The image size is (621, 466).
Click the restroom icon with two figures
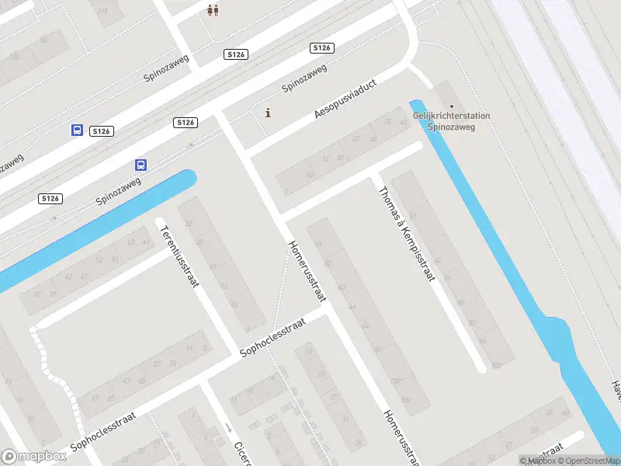pos(213,10)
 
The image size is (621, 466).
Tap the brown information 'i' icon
pos(269,113)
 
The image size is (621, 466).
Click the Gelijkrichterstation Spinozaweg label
pos(451,121)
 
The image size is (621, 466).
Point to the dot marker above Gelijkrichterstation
pos(452,107)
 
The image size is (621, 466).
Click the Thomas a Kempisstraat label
pos(406,234)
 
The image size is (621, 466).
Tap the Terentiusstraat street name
pos(178,256)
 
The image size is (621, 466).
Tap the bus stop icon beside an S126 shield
pos(77,130)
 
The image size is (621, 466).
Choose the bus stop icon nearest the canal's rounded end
pos(141,165)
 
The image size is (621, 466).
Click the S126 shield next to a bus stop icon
pos(101,131)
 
